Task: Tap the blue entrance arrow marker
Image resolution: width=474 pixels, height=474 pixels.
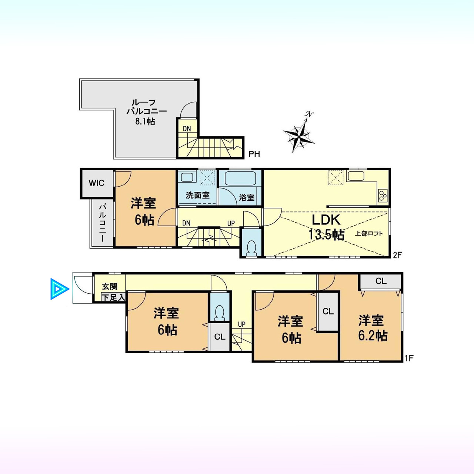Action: click(x=60, y=289)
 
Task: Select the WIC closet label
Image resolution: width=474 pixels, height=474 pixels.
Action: click(x=97, y=183)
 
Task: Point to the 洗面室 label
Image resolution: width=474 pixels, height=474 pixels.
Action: click(x=197, y=196)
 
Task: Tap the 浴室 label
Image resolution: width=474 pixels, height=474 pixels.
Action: click(x=247, y=197)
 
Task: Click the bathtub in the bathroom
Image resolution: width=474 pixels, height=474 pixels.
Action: click(x=240, y=179)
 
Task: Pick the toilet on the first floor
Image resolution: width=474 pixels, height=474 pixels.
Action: click(x=220, y=313)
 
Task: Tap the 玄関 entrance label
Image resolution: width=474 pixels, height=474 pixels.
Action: click(x=110, y=286)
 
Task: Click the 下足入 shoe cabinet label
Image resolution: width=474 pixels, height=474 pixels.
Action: click(x=113, y=298)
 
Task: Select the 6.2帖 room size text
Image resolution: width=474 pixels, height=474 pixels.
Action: click(x=373, y=336)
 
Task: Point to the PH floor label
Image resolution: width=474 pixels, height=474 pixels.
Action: click(x=254, y=154)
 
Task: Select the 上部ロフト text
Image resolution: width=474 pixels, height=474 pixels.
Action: click(x=369, y=233)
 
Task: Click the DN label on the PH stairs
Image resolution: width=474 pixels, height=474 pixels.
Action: click(x=187, y=128)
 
